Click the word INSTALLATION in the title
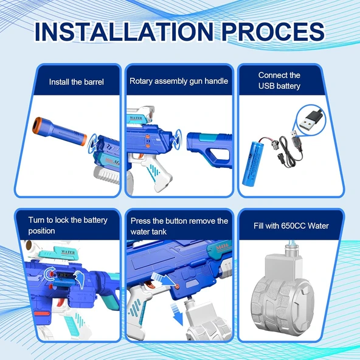point(124,32)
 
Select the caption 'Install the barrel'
point(76,82)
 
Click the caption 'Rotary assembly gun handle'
point(179,81)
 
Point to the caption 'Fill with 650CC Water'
point(291,226)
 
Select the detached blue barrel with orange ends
point(60,131)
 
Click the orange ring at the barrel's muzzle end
point(36,125)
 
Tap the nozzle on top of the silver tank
point(292,247)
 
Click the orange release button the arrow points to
point(177,286)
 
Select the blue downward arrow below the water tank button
point(176,313)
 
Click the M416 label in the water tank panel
point(222,247)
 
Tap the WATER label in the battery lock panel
point(68,252)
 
